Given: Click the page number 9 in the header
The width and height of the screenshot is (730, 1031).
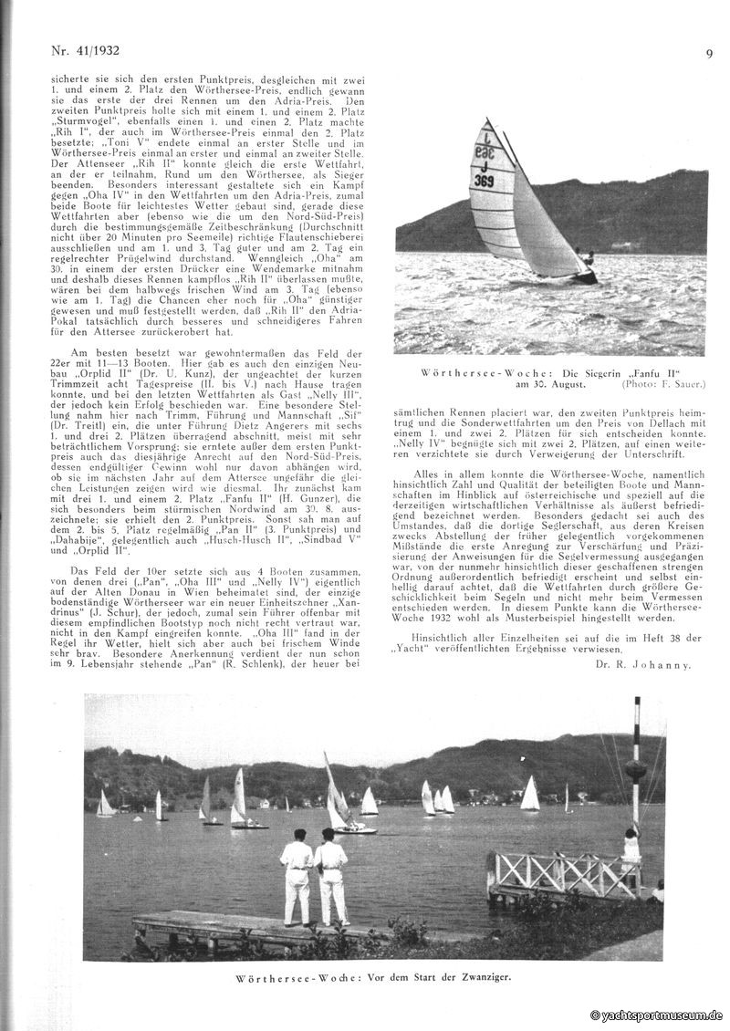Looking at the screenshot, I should (709, 53).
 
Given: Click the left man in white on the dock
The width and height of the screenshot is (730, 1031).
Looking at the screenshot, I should (297, 878).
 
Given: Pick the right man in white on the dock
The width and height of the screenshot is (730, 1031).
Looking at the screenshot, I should (330, 879).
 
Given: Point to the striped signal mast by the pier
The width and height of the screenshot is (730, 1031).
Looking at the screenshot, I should (636, 766).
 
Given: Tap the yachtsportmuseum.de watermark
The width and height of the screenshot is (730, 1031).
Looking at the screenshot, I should (656, 1015).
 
